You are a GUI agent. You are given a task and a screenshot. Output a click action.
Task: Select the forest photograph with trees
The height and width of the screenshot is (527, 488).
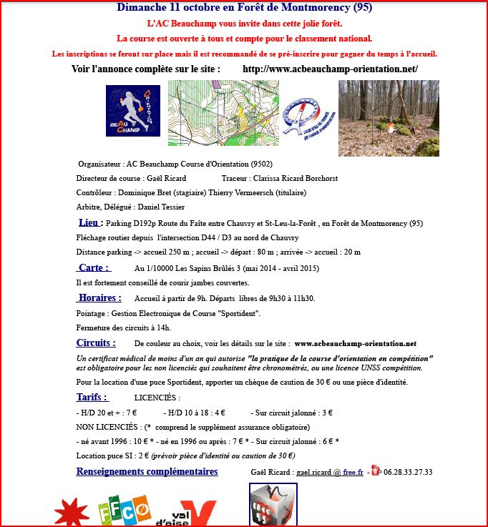389,118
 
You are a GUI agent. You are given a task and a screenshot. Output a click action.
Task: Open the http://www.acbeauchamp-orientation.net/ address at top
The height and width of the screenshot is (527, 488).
330,69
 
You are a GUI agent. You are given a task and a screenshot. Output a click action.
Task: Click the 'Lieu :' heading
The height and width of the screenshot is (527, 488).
91,222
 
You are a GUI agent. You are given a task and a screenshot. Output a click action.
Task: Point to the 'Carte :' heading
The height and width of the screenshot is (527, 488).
93,268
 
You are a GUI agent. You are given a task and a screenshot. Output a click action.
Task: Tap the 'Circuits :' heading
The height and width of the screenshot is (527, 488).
95,343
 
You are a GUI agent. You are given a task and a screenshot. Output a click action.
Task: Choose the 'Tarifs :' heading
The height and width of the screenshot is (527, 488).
92,397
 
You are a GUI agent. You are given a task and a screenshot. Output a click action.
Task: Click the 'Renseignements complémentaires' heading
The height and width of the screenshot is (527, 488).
147,472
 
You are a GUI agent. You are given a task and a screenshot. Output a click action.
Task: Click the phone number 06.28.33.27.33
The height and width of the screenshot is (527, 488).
408,473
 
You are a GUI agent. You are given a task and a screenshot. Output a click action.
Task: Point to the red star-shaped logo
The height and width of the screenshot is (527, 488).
72,513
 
